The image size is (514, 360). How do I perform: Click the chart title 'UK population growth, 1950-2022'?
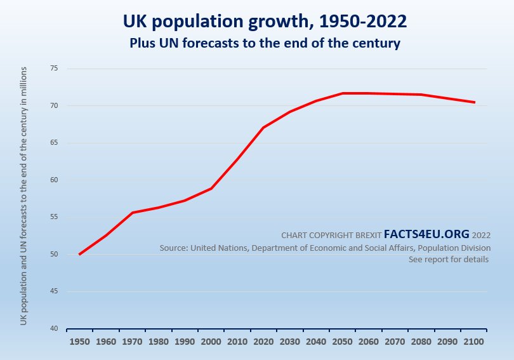click(265, 21)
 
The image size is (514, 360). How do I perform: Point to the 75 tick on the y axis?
click(54, 69)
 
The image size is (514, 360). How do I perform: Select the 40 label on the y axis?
click(54, 329)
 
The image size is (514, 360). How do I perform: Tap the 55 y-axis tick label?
click(54, 217)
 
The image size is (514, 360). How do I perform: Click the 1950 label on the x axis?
click(79, 342)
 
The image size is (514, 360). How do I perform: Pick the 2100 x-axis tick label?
click(473, 342)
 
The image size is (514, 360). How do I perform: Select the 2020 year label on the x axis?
click(263, 342)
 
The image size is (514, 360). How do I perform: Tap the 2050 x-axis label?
click(342, 342)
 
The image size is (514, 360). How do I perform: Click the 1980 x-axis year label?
click(158, 342)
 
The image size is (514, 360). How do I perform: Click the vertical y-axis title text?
click(23, 195)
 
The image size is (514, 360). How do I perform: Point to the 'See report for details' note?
click(449, 260)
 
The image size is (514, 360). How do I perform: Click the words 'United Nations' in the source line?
click(220, 248)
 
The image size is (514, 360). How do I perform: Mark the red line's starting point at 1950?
click(79, 255)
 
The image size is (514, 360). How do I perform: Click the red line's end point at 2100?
click(474, 102)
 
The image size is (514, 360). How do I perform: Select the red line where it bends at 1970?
click(132, 213)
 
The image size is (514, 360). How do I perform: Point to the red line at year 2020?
click(263, 128)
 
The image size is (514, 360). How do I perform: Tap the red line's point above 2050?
click(342, 93)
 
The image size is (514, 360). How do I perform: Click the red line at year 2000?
click(211, 189)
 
